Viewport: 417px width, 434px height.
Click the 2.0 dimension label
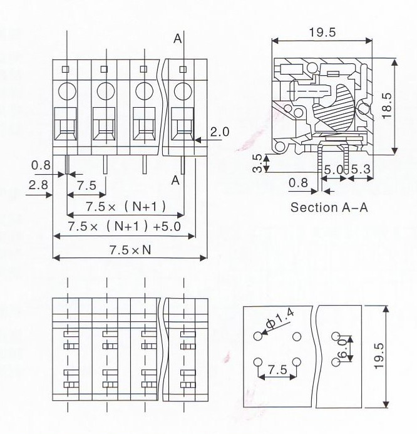[220, 132]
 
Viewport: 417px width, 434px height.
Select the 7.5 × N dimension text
[130, 249]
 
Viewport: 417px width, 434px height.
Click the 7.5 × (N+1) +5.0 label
[124, 226]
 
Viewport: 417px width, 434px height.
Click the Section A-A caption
[329, 207]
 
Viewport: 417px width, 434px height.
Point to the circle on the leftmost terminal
[67, 92]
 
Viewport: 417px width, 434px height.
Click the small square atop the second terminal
[105, 69]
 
